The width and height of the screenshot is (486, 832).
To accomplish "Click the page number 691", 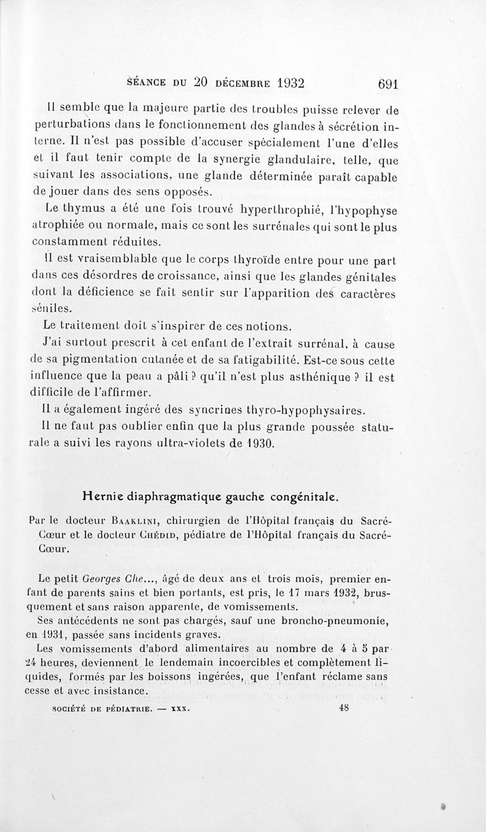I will point(387,84).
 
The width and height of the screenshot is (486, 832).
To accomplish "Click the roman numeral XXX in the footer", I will point(180,709).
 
